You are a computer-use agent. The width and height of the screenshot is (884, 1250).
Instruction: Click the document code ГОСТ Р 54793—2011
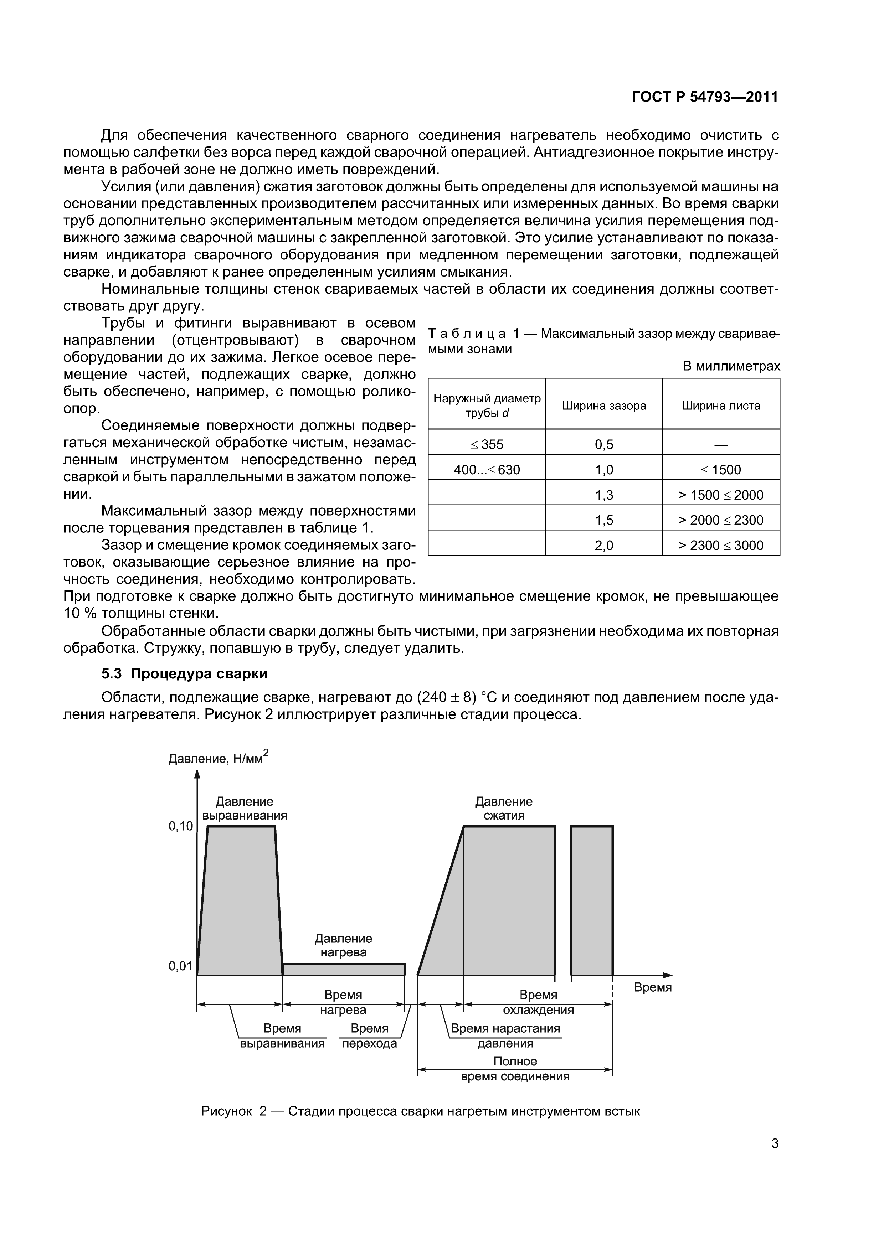click(705, 97)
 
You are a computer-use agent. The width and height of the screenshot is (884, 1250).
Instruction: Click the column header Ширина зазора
click(604, 406)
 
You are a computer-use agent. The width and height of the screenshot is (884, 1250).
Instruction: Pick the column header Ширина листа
click(721, 406)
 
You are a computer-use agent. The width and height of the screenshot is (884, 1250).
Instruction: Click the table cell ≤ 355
click(487, 444)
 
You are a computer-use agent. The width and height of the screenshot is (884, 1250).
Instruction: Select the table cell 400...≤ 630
click(487, 469)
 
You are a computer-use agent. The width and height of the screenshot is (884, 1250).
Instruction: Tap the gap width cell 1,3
click(604, 495)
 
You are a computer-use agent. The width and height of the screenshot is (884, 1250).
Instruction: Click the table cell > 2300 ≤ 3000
click(721, 546)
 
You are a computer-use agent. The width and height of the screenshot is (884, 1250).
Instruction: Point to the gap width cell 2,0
click(604, 546)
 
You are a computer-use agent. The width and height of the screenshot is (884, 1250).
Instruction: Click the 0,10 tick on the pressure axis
click(181, 826)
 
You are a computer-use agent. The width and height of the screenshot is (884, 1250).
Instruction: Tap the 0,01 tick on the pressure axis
click(181, 966)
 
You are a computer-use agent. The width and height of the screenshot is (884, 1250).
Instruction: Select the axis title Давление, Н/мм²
click(218, 757)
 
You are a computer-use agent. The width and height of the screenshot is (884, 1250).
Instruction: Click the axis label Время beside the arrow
click(653, 987)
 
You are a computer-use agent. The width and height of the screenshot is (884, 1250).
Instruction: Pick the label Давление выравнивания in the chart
click(245, 809)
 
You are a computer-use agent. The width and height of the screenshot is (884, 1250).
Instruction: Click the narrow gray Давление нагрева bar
click(343, 969)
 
